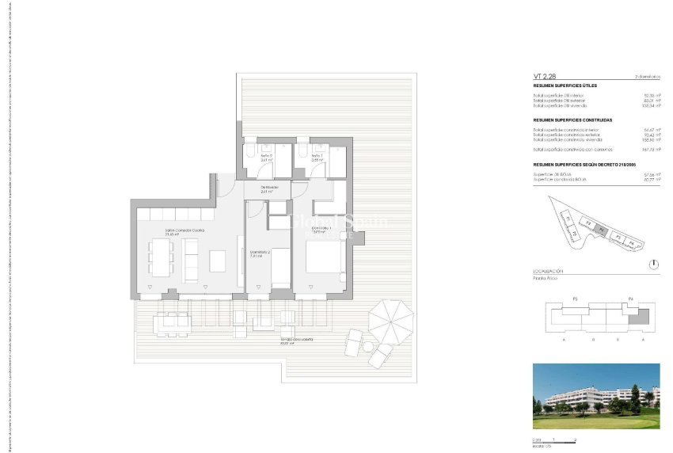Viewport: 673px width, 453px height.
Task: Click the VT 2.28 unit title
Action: click(544, 75)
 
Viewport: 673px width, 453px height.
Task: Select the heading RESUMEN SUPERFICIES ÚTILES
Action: click(565, 85)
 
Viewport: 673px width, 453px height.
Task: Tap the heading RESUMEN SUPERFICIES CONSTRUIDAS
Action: click(572, 120)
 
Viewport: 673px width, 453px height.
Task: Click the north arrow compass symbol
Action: click(652, 264)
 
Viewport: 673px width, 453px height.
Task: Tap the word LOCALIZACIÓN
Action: click(548, 271)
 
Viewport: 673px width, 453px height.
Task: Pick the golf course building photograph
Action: click(596, 395)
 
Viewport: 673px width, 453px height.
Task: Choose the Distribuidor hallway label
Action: click(268, 188)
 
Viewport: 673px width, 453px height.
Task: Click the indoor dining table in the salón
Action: click(161, 257)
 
